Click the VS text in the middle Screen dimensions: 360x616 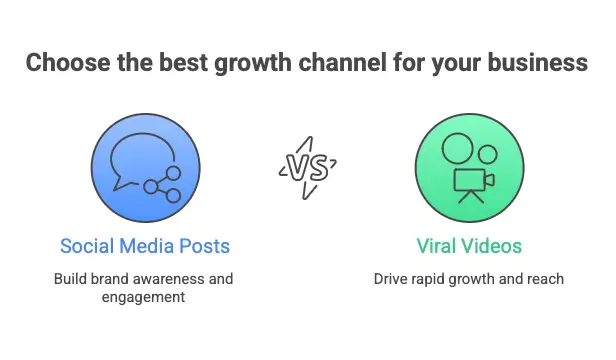pyautogui.click(x=306, y=166)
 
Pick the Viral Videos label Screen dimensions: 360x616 pyautogui.click(x=469, y=245)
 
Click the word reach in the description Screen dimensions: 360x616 pyautogui.click(x=546, y=278)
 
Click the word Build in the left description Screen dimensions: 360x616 pyautogui.click(x=71, y=278)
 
